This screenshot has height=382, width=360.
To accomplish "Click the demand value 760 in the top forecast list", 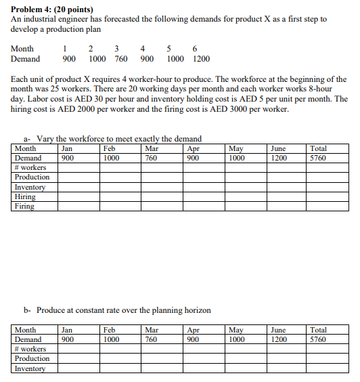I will pyautogui.click(x=122, y=59).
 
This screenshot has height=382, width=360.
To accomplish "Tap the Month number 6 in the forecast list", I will pyautogui.click(x=195, y=49).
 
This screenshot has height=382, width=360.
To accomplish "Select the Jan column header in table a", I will pyautogui.click(x=67, y=148).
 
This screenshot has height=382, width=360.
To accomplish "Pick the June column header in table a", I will pyautogui.click(x=277, y=148).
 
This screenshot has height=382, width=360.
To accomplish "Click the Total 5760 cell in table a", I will pyautogui.click(x=317, y=158).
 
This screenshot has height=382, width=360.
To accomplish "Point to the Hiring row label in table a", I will pyautogui.click(x=25, y=197).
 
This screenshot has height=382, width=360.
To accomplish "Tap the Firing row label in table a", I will pyautogui.click(x=24, y=207).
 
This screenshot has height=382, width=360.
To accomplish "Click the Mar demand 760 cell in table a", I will pyautogui.click(x=152, y=158).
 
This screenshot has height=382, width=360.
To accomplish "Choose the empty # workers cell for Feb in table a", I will pyautogui.click(x=119, y=167).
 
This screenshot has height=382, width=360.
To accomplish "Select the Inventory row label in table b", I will pyautogui.click(x=30, y=368).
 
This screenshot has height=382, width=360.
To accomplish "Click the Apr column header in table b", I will pyautogui.click(x=193, y=330).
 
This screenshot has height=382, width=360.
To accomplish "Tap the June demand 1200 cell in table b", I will pyautogui.click(x=279, y=339).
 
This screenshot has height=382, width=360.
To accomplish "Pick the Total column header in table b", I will pyautogui.click(x=318, y=330).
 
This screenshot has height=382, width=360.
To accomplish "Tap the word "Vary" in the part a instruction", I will pyautogui.click(x=46, y=139).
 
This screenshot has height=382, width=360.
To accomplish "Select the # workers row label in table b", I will pyautogui.click(x=30, y=349).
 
